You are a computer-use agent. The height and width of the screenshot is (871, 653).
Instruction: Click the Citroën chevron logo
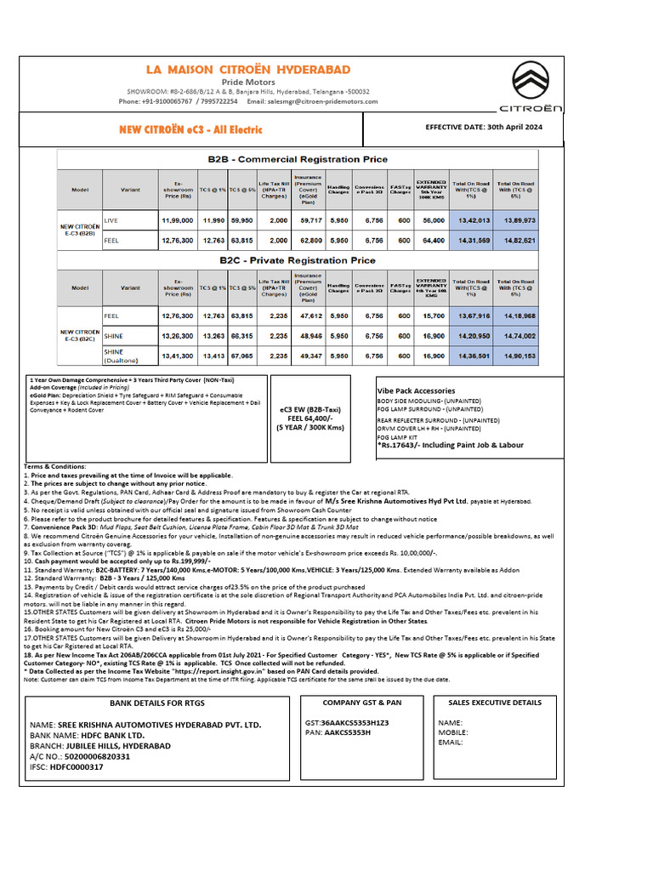[541, 80]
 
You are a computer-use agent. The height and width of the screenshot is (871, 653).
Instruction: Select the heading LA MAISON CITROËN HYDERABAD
[247, 69]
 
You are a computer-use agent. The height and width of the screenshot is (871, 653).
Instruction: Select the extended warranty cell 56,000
[433, 220]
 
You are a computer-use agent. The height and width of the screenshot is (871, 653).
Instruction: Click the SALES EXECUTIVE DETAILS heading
[493, 703]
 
